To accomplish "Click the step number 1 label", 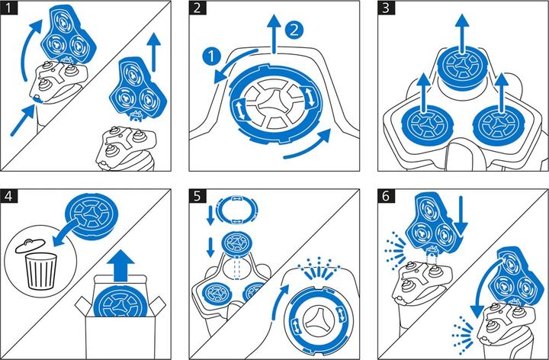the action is click(x=8, y=8).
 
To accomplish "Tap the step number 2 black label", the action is click(x=197, y=8).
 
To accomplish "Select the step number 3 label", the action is click(x=386, y=8).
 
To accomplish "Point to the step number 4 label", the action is click(x=8, y=196).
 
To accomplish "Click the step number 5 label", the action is click(x=197, y=196).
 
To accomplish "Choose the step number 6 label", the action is click(x=386, y=196).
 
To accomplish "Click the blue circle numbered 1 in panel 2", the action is click(x=212, y=56).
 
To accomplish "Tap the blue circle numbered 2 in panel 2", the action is click(x=294, y=30).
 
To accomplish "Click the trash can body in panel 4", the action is click(x=40, y=271).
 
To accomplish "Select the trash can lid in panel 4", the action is click(x=30, y=245).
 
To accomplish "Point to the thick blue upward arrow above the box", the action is click(x=120, y=265).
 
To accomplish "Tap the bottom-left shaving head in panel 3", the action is click(x=427, y=124).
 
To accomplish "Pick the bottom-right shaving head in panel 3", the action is click(x=499, y=124).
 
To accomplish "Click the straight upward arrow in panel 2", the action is click(x=274, y=34).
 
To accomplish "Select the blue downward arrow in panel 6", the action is click(x=461, y=217).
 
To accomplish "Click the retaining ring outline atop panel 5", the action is click(x=237, y=209).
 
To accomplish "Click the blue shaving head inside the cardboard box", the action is click(x=121, y=302).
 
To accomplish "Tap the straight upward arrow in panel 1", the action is click(x=154, y=52).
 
